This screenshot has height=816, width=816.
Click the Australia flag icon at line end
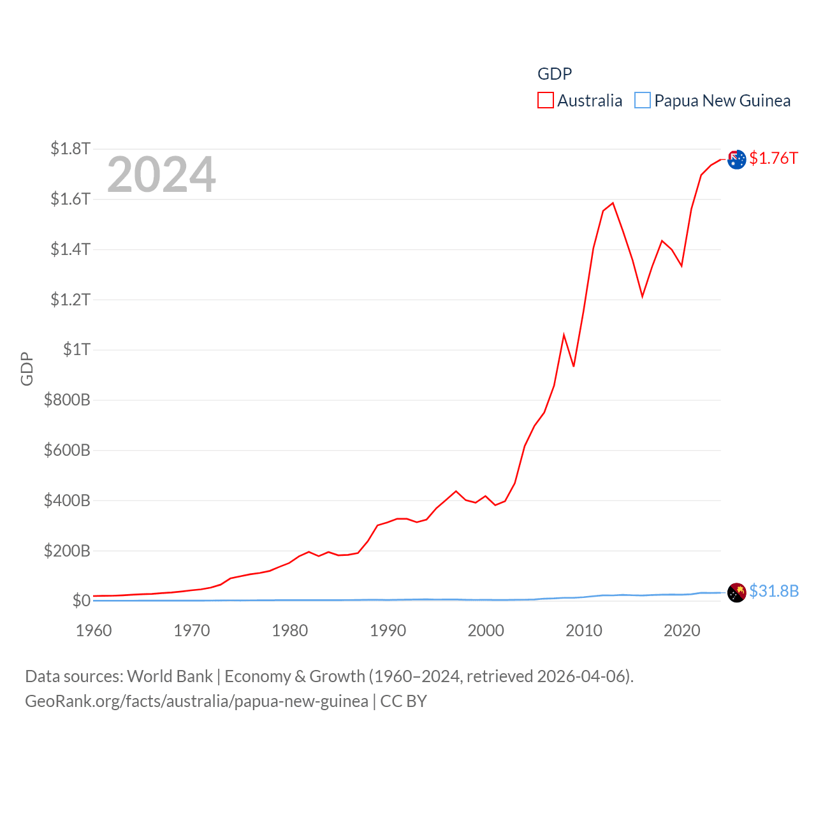pyautogui.click(x=736, y=159)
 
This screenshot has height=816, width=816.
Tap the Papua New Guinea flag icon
pyautogui.click(x=736, y=592)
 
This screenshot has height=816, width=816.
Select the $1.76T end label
pyautogui.click(x=773, y=158)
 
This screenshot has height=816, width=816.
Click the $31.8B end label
pyautogui.click(x=774, y=591)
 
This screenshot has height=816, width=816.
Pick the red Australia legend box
pyautogui.click(x=546, y=101)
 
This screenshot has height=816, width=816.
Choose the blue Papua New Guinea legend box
pyautogui.click(x=643, y=101)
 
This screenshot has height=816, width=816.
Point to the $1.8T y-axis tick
pyautogui.click(x=70, y=149)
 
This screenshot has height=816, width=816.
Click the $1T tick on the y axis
pyautogui.click(x=76, y=349)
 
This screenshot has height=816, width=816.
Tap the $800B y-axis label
pyautogui.click(x=67, y=400)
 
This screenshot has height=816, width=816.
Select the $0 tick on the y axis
pyautogui.click(x=81, y=601)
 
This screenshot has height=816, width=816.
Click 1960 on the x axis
pyautogui.click(x=94, y=630)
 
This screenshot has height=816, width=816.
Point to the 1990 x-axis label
pyautogui.click(x=388, y=630)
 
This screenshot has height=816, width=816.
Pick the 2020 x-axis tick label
pyautogui.click(x=681, y=630)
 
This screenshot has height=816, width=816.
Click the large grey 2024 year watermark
pyautogui.click(x=161, y=175)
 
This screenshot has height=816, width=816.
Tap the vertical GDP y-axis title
pyautogui.click(x=27, y=368)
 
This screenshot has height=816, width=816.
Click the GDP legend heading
pyautogui.click(x=555, y=74)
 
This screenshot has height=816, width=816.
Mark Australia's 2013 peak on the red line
pyautogui.click(x=613, y=203)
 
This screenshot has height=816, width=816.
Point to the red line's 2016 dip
pyautogui.click(x=643, y=296)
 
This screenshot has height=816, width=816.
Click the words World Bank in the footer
pyautogui.click(x=170, y=676)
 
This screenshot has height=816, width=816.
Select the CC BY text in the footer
pyautogui.click(x=404, y=701)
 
